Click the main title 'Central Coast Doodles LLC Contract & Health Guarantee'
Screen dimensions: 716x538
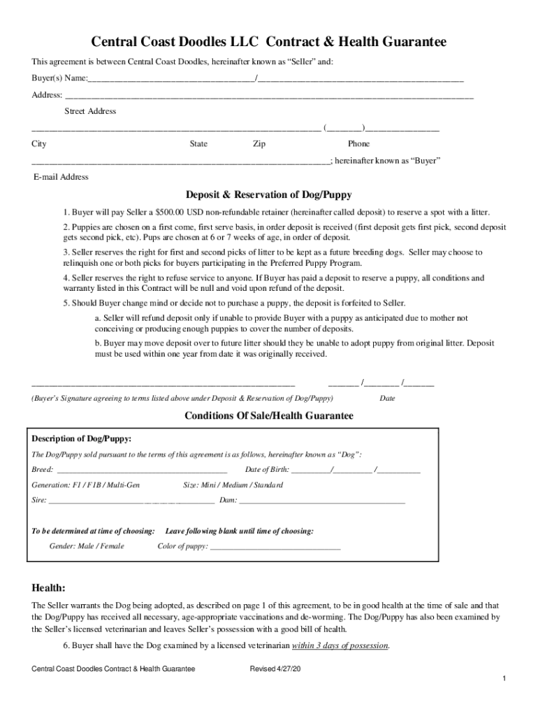[269, 43]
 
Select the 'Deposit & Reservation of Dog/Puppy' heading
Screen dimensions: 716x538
[269, 194]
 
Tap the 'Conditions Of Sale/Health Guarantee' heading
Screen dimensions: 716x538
[269, 415]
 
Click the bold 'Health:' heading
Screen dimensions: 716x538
[49, 587]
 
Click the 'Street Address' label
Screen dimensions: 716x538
[90, 111]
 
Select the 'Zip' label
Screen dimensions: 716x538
[259, 144]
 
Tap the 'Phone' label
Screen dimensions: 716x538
[358, 144]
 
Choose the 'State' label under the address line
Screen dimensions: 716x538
[198, 144]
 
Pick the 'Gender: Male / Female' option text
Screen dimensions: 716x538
[86, 546]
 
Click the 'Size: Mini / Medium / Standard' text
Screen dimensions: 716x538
[233, 485]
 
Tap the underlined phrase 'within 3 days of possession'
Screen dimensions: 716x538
[340, 645]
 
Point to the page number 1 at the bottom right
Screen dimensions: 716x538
[504, 680]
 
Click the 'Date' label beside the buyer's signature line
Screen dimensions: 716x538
[387, 398]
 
